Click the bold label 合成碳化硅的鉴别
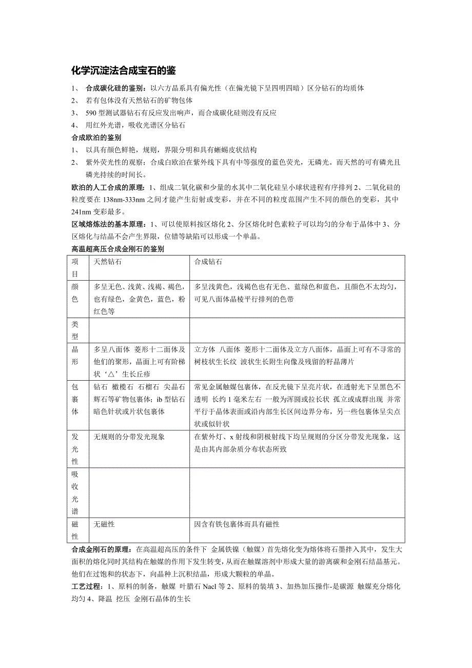tap(114, 88)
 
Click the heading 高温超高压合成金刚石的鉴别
tap(117, 249)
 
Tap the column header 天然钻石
tap(108, 262)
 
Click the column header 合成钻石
tap(208, 262)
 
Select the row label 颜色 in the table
tap(75, 292)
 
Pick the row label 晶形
tap(75, 355)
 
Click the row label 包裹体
tap(75, 398)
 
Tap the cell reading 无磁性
tap(104, 524)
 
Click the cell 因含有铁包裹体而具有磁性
tap(237, 524)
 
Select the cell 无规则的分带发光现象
tap(129, 437)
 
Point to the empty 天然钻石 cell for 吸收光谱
tap(139, 492)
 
